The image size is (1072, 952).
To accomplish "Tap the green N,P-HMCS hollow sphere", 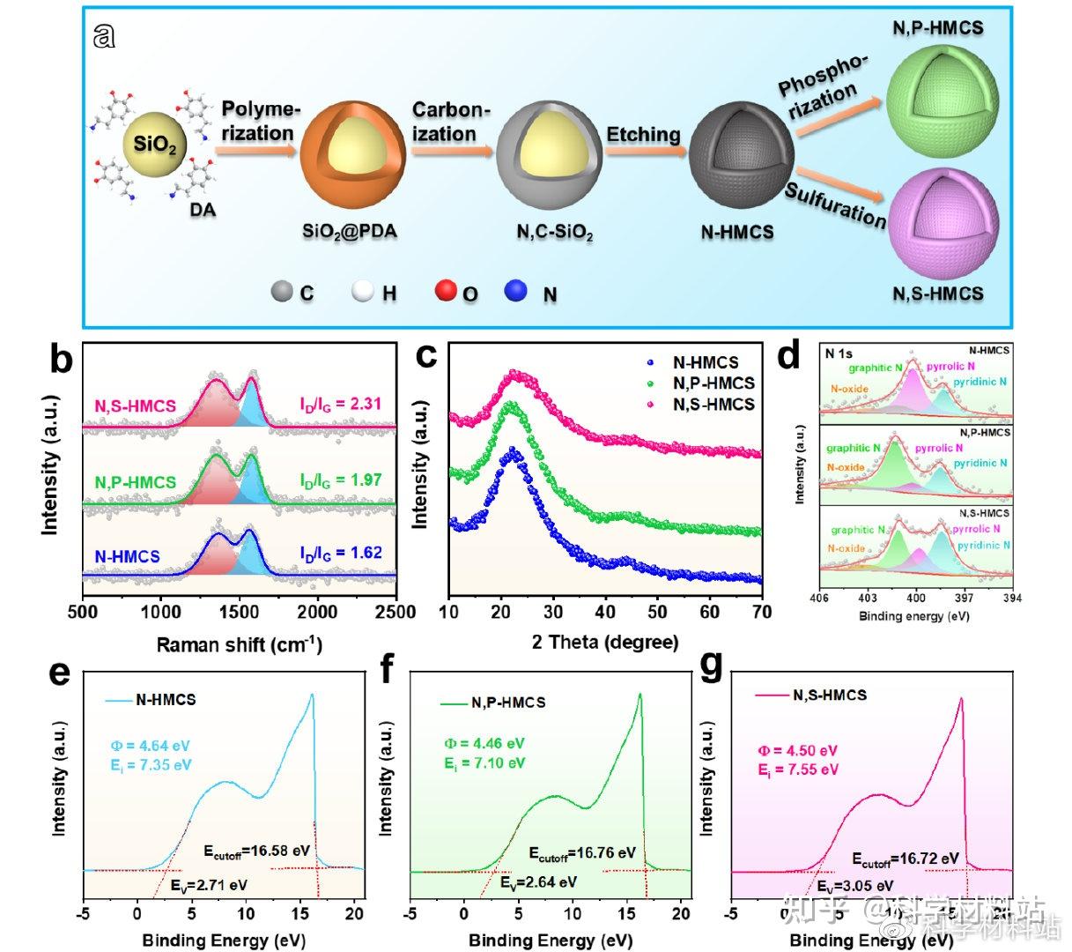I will (x=935, y=89).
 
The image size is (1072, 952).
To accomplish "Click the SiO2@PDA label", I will (x=350, y=232).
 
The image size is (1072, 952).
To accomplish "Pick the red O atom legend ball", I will (x=447, y=290).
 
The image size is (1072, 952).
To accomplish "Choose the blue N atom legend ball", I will (x=517, y=290).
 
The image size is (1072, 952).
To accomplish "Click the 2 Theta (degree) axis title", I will (x=605, y=643).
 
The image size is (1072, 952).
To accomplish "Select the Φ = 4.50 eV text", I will (x=797, y=751).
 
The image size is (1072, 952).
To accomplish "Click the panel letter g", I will (x=710, y=667).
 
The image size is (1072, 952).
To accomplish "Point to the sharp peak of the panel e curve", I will (x=311, y=696).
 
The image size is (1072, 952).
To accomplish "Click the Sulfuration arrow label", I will (x=835, y=205).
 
